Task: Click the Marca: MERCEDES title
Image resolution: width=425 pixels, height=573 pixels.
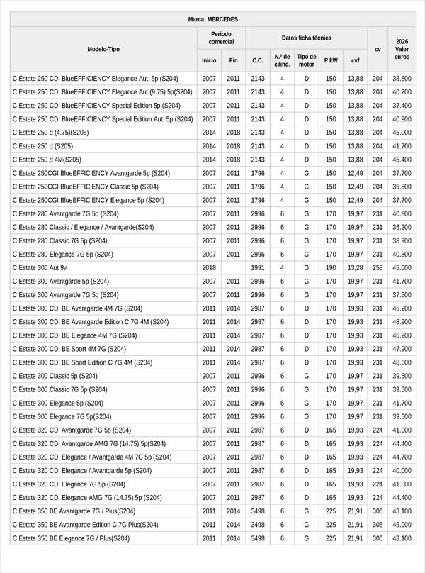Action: (x=213, y=19)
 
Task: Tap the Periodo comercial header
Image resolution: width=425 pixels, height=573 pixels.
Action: (x=221, y=38)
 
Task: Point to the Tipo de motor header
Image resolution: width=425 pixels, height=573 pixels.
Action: (x=307, y=60)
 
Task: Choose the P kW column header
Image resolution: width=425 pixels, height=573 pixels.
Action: (x=331, y=60)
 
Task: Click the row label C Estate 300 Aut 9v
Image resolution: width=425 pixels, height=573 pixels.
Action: (x=40, y=268)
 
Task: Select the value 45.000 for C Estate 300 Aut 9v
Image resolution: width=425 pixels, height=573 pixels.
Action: (x=402, y=268)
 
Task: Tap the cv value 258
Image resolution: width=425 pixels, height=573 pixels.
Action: (x=378, y=268)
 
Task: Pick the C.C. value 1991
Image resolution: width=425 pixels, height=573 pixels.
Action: (x=258, y=268)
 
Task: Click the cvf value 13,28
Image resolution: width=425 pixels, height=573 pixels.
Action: (x=355, y=268)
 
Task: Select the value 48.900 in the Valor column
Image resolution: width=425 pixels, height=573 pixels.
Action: (x=402, y=322)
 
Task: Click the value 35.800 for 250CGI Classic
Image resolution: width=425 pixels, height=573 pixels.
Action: (x=402, y=187)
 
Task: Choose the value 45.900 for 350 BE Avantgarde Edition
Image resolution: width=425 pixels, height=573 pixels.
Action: (x=402, y=525)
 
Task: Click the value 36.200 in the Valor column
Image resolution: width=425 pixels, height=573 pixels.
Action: (x=402, y=228)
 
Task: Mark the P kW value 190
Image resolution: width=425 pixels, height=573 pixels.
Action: (x=331, y=268)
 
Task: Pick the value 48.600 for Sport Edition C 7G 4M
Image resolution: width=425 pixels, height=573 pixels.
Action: (x=402, y=362)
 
